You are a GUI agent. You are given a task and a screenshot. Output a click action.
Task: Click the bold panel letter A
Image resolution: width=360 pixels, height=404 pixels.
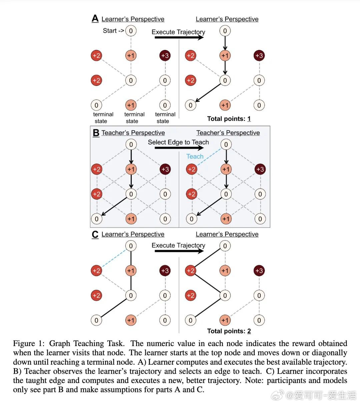[x=95, y=19]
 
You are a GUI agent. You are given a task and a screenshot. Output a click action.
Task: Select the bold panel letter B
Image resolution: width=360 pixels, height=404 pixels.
[x=96, y=133]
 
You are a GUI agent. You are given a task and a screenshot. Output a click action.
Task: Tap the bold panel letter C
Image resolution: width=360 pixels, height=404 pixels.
[x=95, y=234]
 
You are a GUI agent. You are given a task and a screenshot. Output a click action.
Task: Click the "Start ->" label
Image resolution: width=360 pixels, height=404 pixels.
[x=113, y=31]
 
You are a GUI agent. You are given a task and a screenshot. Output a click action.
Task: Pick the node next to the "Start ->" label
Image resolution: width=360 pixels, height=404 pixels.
[x=131, y=31]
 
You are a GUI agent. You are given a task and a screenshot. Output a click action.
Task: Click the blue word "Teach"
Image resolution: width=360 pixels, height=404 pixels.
[x=195, y=156]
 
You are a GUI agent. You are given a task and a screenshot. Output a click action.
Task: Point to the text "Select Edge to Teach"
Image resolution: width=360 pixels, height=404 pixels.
[x=178, y=142]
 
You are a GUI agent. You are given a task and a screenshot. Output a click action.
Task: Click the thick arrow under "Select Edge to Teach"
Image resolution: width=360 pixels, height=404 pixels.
[x=179, y=148]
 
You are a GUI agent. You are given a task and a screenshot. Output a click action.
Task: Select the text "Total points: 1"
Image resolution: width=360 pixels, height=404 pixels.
[x=229, y=119]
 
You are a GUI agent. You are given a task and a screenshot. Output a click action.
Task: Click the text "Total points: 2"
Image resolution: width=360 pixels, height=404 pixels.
[x=229, y=331]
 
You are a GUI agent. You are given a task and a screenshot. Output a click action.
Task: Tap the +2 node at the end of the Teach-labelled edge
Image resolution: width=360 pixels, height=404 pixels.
[x=191, y=169]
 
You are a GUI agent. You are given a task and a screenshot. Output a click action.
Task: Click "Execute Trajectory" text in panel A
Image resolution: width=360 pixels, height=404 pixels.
[x=178, y=32]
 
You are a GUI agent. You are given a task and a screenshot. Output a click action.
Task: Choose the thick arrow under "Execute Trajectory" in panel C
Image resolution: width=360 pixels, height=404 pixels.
[x=179, y=252]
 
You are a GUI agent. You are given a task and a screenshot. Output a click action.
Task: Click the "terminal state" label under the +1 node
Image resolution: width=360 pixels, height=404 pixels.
[x=134, y=118]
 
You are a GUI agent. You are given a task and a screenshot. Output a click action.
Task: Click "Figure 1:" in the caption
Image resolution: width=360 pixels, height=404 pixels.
[x=29, y=343]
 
